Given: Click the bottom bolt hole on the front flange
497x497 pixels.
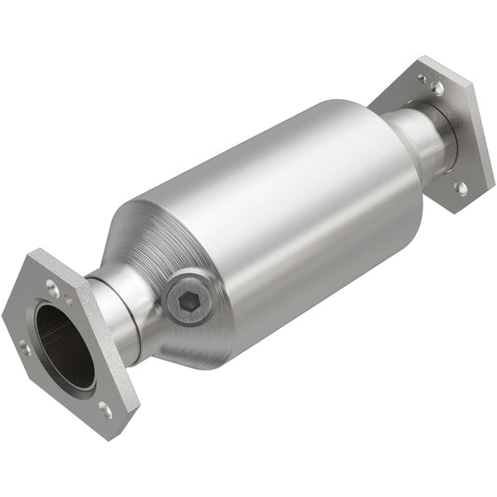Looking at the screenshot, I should click(x=105, y=408).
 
